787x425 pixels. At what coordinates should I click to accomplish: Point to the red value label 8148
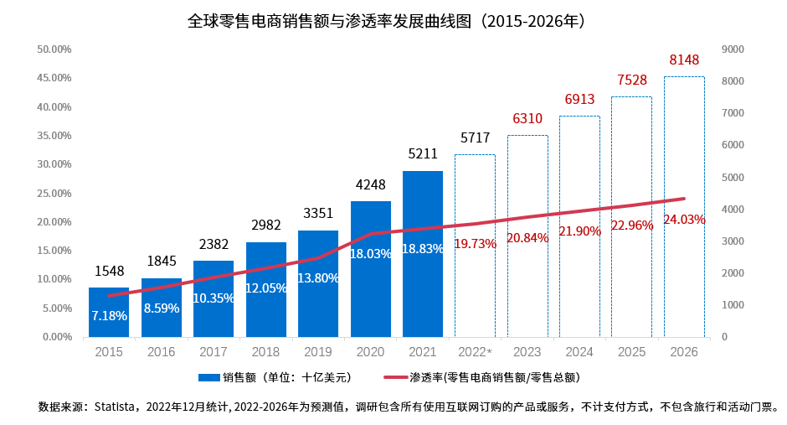[x=684, y=60]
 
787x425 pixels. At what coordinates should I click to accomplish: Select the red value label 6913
[x=579, y=99]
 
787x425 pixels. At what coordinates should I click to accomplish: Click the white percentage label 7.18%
[x=109, y=316]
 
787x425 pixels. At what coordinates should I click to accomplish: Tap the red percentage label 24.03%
[x=684, y=220]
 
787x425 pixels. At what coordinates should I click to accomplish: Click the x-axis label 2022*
[x=476, y=353]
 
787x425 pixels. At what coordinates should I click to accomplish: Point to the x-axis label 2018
[x=266, y=353]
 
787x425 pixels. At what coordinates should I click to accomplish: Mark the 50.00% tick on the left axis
[x=54, y=49]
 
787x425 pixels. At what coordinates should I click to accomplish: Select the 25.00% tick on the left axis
[x=54, y=194]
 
